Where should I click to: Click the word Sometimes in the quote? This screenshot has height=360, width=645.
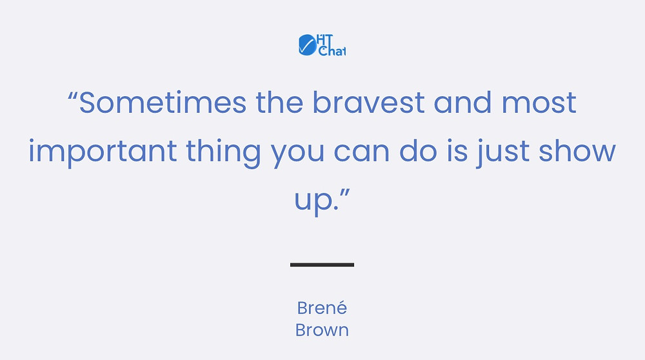pyautogui.click(x=163, y=102)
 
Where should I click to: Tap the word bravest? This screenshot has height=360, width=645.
pyautogui.click(x=368, y=102)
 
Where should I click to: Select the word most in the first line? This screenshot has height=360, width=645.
pyautogui.click(x=539, y=103)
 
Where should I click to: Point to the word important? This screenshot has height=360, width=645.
pyautogui.click(x=103, y=152)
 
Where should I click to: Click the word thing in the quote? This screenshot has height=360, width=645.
pyautogui.click(x=223, y=152)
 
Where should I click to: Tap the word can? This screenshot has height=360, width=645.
pyautogui.click(x=362, y=152)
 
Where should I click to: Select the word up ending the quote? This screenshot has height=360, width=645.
pyautogui.click(x=313, y=201)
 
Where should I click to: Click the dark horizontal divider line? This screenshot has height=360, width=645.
pyautogui.click(x=322, y=265)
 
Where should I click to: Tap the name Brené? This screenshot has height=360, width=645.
pyautogui.click(x=322, y=307)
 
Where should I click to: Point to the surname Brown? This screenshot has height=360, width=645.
pyautogui.click(x=322, y=330)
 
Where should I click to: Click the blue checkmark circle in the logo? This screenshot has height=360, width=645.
pyautogui.click(x=307, y=45)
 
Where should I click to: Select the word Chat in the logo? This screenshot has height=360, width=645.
pyautogui.click(x=332, y=50)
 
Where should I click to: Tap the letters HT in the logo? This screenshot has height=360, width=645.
pyautogui.click(x=325, y=40)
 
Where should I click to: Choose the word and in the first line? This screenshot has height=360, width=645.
pyautogui.click(x=462, y=102)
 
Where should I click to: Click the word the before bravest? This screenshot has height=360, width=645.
pyautogui.click(x=280, y=102)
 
